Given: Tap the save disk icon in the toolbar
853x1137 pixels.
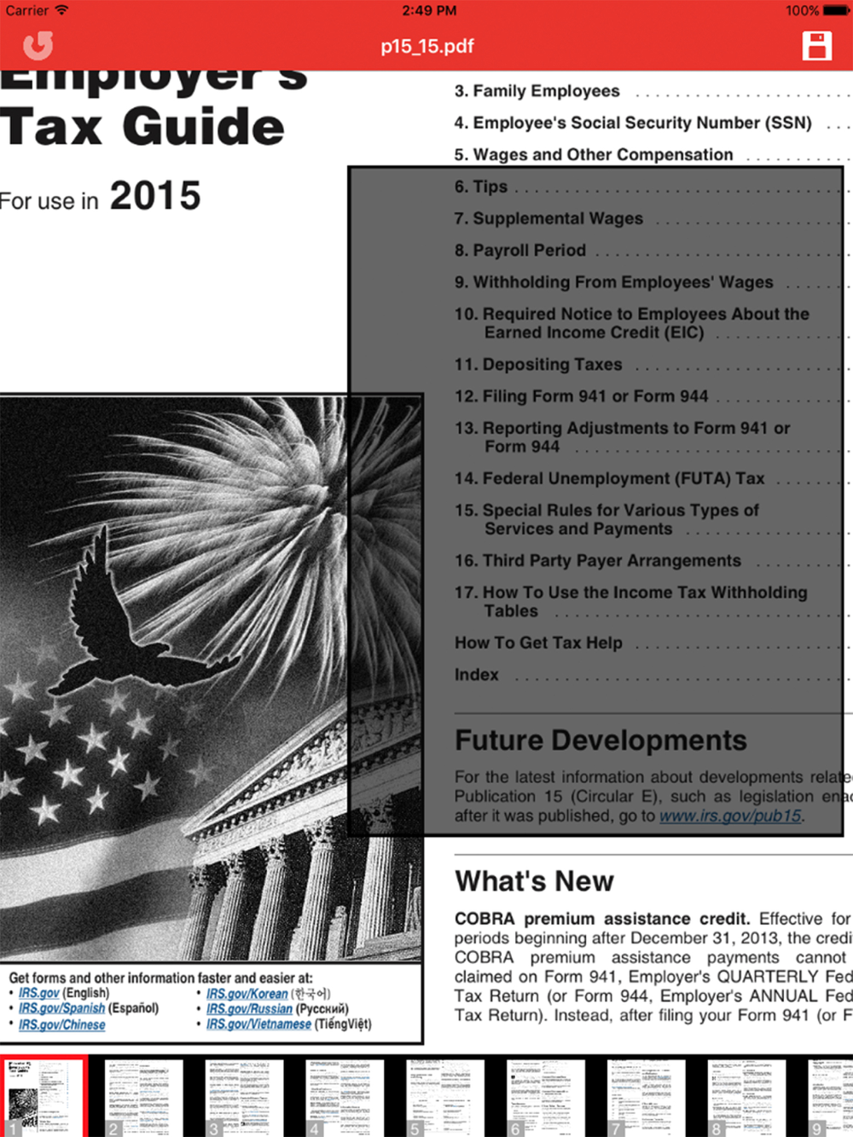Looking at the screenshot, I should [816, 46].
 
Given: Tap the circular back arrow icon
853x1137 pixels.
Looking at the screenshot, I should [38, 46].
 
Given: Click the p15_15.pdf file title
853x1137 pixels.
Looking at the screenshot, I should [427, 46].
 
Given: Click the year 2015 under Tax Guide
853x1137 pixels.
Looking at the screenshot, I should [155, 196].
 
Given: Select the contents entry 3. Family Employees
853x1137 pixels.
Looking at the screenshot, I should [537, 91].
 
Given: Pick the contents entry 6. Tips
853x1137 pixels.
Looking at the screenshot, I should [482, 187].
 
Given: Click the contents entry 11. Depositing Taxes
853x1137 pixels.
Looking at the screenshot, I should [539, 365].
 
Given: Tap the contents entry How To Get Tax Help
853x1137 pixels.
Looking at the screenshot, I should [539, 643].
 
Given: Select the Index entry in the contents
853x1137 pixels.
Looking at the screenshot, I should [477, 675].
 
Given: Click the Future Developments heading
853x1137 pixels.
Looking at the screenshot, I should [601, 741].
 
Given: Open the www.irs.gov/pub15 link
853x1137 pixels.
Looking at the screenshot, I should [731, 816].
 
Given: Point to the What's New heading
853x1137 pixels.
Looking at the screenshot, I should [535, 881].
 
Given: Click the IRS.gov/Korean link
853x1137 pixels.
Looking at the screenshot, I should [247, 994].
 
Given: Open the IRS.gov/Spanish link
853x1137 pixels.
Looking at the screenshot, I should [62, 1008].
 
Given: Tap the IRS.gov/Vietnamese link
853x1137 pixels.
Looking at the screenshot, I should [258, 1024].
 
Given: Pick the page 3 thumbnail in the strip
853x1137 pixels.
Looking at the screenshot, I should [244, 1098].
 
